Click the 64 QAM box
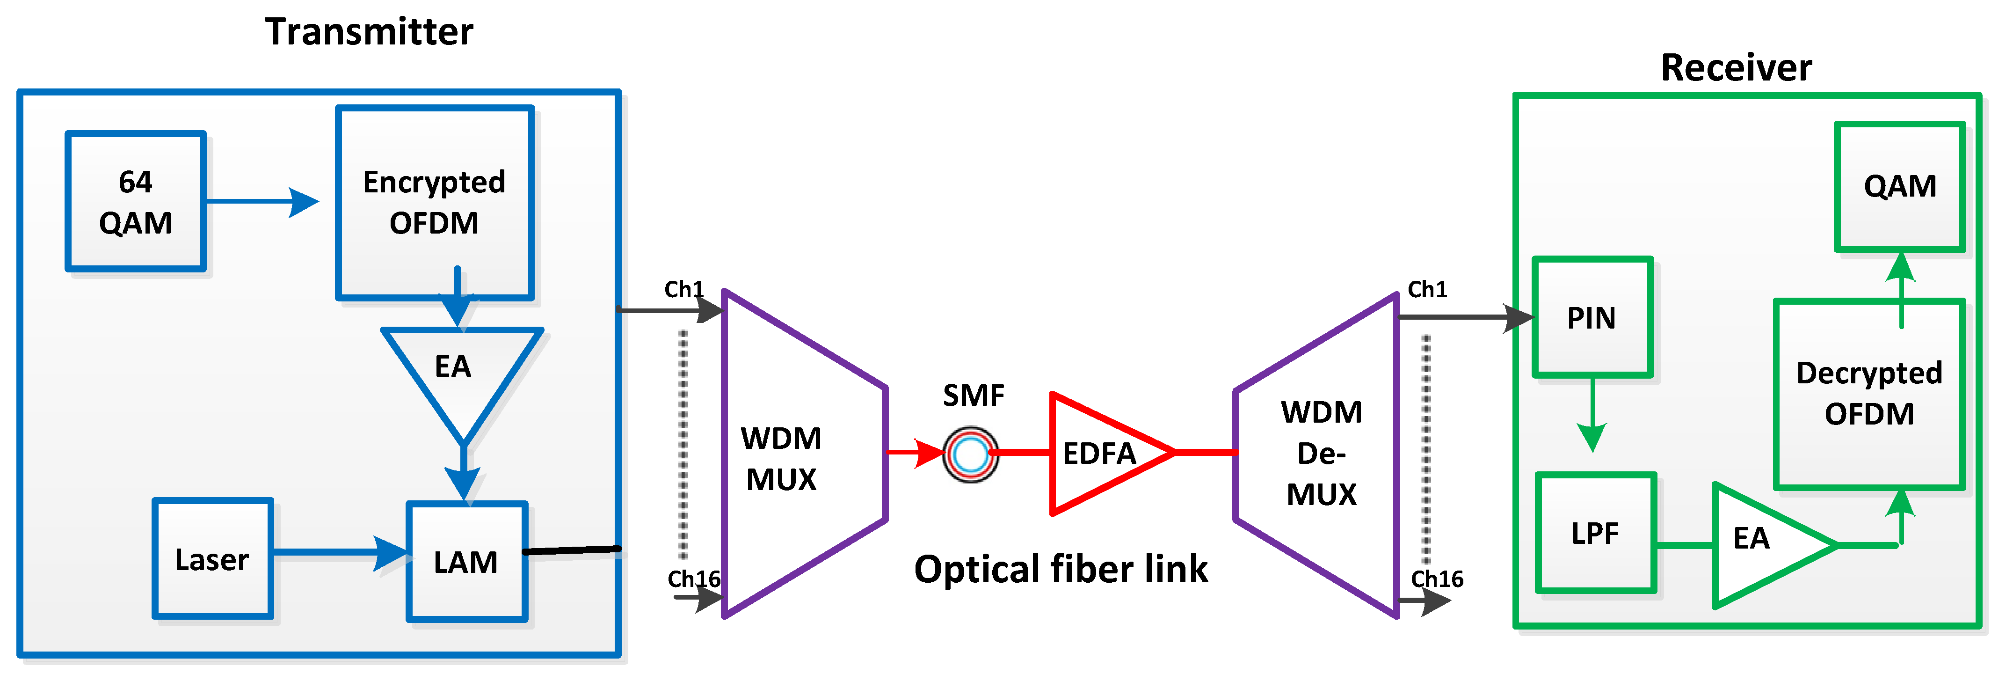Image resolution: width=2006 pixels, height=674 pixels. pyautogui.click(x=136, y=202)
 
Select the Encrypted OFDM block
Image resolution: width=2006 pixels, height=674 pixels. pyautogui.click(x=435, y=203)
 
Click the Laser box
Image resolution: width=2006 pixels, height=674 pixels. pyautogui.click(x=212, y=559)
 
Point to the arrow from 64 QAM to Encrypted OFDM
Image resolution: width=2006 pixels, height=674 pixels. pyautogui.click(x=262, y=202)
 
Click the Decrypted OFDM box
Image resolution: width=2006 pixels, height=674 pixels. pyautogui.click(x=1869, y=394)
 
